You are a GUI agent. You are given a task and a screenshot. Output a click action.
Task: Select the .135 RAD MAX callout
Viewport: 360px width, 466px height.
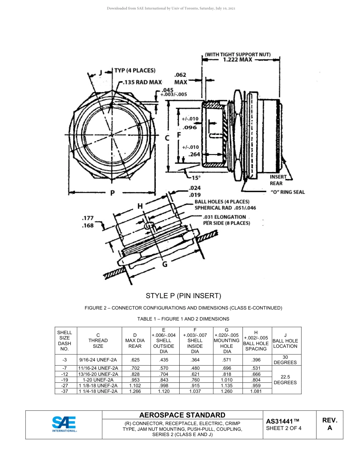coord(142,82)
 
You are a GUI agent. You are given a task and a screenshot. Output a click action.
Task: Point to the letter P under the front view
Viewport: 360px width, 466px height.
coord(113,193)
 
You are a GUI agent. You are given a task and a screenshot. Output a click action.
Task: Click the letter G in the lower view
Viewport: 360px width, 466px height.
coord(165,264)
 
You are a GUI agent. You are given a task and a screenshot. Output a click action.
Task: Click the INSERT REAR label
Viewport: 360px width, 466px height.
coord(276,180)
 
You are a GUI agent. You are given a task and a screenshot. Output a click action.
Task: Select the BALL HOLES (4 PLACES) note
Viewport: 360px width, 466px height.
coord(222,202)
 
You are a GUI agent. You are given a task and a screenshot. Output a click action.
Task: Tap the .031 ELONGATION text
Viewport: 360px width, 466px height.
coord(224,217)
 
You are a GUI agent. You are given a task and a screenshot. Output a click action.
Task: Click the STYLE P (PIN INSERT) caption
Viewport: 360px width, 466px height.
coord(183,296)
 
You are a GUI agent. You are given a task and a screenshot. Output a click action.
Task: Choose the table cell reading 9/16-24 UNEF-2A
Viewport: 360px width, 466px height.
coord(98,360)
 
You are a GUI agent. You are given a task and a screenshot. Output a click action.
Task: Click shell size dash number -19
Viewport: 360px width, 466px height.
coord(64,380)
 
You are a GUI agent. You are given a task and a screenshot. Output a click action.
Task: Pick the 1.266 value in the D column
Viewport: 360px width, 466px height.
coord(135,391)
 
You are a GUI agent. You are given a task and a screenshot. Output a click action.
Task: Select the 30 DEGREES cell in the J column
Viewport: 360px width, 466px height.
coord(285,360)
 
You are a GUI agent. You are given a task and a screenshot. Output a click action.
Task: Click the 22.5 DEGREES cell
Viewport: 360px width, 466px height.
coord(285,380)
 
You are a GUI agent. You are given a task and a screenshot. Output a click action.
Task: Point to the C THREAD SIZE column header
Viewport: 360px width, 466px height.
coord(98,341)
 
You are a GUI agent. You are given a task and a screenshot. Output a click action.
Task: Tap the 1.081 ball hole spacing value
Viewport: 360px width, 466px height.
coord(256,391)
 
